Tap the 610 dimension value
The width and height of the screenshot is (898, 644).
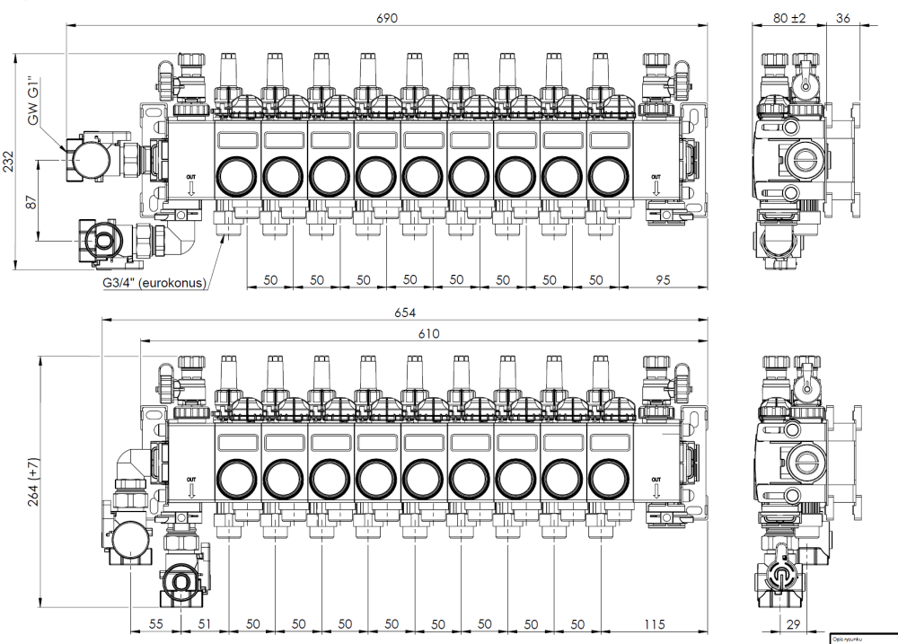[x=429, y=334]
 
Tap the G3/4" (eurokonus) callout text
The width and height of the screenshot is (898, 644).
[x=154, y=283]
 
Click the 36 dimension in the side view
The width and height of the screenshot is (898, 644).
[x=843, y=17]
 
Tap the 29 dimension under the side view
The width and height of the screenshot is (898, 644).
[x=795, y=623]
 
